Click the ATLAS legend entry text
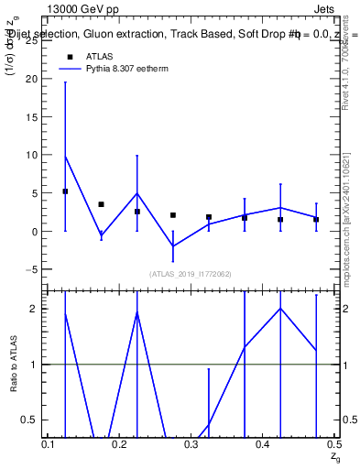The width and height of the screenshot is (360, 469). pos(99,57)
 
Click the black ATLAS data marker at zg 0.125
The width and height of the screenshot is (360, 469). pos(65,191)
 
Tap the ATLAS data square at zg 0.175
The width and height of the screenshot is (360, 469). pos(101,204)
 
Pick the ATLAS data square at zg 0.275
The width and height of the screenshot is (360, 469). pos(173,215)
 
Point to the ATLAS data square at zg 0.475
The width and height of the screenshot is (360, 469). pos(316,219)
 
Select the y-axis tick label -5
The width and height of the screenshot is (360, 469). pos(32,270)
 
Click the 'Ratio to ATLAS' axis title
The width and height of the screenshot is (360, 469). pos(13,365)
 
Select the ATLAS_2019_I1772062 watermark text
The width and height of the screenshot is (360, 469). pos(191,274)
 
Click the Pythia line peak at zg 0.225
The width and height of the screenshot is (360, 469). pos(136,193)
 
